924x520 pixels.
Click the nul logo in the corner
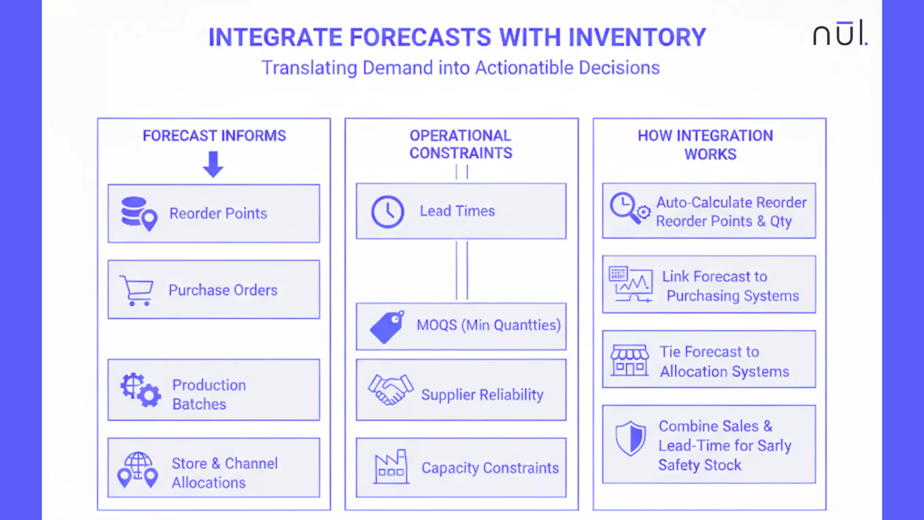[x=840, y=33]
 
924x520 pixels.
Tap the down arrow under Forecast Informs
[x=213, y=164]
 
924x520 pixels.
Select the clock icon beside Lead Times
[x=387, y=212]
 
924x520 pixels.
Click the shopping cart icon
[x=137, y=290]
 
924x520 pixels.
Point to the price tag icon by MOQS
[x=387, y=327]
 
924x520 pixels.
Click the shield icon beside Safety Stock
[x=630, y=438]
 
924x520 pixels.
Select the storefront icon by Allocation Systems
[x=629, y=360]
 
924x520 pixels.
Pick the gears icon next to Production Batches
[x=141, y=390]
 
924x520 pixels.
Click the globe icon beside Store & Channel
[x=138, y=469]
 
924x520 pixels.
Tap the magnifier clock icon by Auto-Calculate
[x=629, y=208]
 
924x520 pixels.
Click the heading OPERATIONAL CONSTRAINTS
[x=461, y=144]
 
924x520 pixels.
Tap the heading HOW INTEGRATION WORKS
[x=705, y=145]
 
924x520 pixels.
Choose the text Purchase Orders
[x=223, y=290]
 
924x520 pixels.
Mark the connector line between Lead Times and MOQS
[x=462, y=271]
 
